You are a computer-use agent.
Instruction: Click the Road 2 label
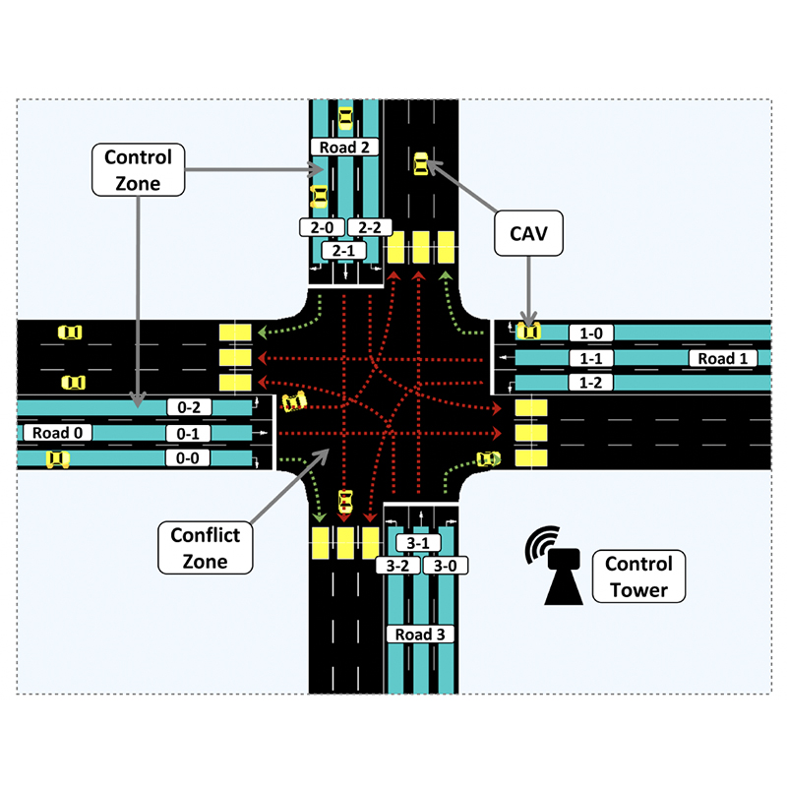(x=344, y=147)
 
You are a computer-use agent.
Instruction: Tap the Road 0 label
(x=57, y=433)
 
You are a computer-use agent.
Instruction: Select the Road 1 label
(x=723, y=358)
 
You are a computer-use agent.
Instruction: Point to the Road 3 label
(x=420, y=635)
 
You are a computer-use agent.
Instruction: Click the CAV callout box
(x=528, y=233)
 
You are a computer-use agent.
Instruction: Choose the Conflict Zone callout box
(x=206, y=548)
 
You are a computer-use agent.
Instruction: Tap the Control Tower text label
(x=638, y=576)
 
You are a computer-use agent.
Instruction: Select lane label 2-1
(x=343, y=250)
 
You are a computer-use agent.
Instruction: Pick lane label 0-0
(x=187, y=457)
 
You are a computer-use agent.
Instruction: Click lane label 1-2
(x=591, y=383)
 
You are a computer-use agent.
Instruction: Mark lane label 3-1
(x=418, y=543)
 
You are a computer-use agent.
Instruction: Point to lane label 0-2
(x=189, y=407)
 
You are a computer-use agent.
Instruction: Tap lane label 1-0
(x=591, y=333)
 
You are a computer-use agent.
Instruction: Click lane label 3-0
(x=446, y=566)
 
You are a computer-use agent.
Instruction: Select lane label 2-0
(x=322, y=227)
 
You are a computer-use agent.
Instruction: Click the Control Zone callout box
(x=138, y=169)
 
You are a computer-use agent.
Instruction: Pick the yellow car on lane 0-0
(x=58, y=458)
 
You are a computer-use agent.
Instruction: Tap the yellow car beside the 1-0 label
(x=528, y=332)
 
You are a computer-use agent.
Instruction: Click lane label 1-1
(x=591, y=358)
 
